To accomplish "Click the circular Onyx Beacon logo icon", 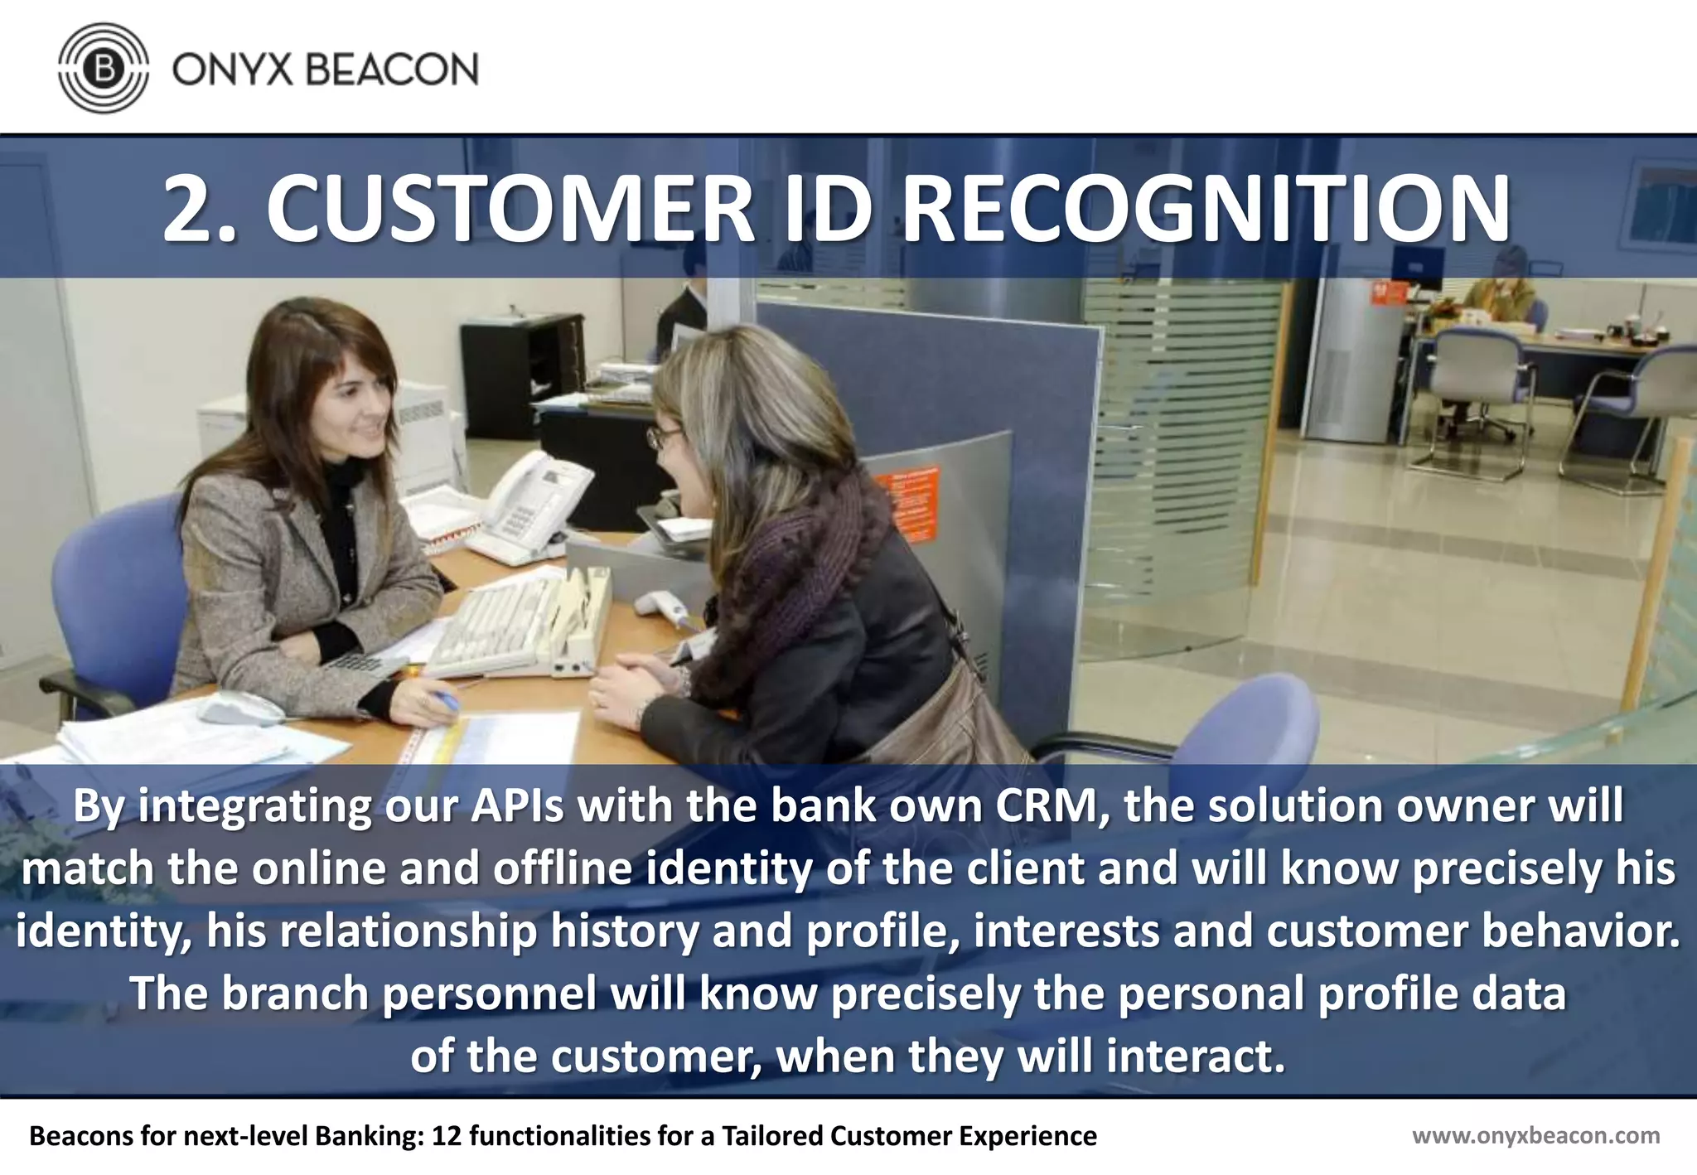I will tap(104, 68).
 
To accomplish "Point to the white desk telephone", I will tap(530, 501).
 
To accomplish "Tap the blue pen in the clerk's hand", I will tap(445, 699).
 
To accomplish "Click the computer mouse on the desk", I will tap(240, 708).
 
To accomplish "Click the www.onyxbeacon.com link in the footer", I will tap(1535, 1135).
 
